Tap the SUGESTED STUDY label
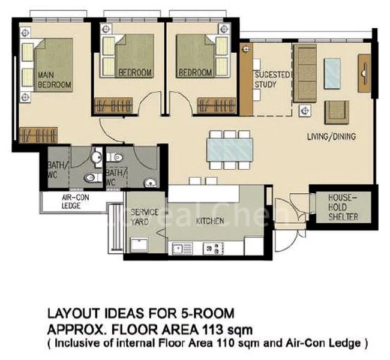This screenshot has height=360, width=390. click(272, 80)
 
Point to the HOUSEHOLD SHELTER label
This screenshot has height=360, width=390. click(343, 206)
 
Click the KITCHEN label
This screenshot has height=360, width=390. click(210, 221)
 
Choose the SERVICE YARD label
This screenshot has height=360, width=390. click(145, 217)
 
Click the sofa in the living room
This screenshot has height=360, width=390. click(305, 73)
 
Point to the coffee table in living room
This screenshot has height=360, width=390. click(334, 73)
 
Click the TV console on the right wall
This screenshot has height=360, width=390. click(364, 73)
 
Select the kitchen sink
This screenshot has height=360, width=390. click(179, 247)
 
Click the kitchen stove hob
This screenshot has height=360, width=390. click(212, 247)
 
